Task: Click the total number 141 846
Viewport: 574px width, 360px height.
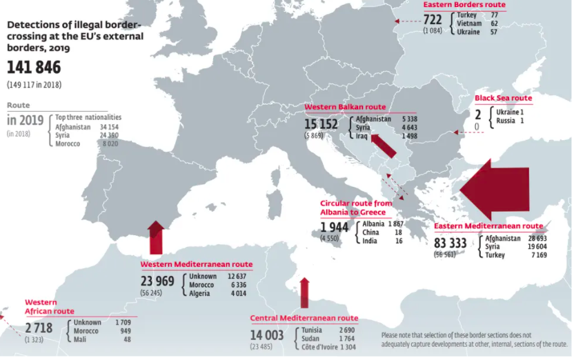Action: click(34, 67)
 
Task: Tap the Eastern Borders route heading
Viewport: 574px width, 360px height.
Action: click(464, 5)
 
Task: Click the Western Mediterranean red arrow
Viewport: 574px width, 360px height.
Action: click(156, 237)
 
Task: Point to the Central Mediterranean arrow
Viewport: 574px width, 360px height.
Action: click(304, 293)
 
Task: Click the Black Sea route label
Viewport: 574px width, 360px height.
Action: click(503, 99)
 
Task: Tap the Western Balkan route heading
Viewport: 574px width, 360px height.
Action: click(345, 108)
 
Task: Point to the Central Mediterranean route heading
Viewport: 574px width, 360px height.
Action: click(304, 318)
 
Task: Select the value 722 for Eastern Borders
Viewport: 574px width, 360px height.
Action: click(433, 19)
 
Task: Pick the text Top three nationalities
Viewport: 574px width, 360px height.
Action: click(88, 117)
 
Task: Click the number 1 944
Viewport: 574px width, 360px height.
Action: click(335, 226)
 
